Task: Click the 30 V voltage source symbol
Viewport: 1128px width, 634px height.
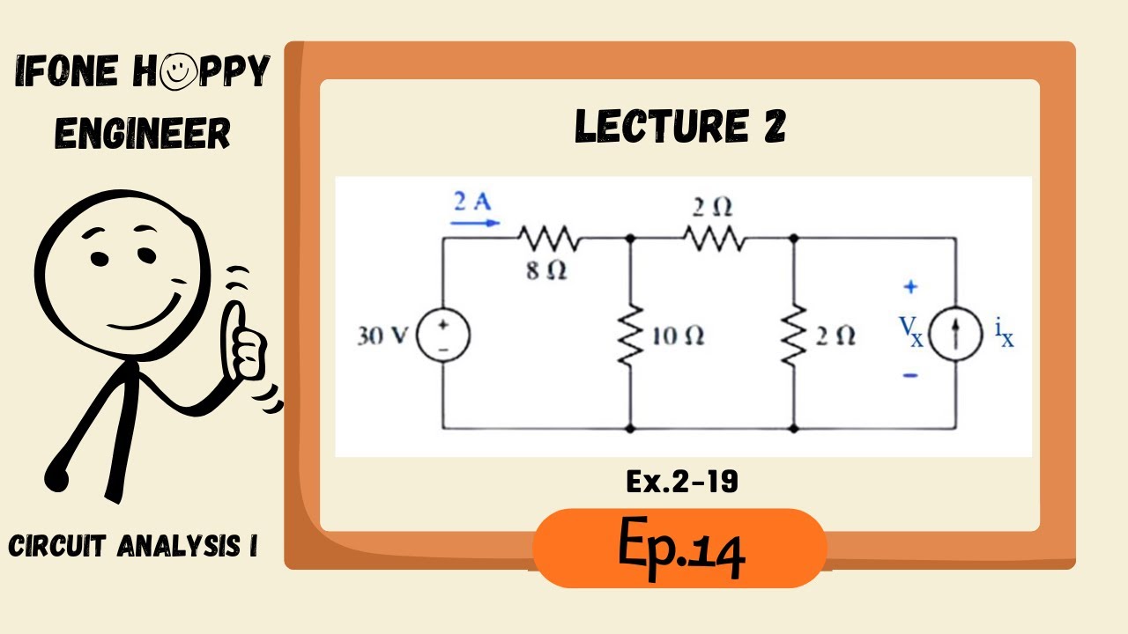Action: (442, 335)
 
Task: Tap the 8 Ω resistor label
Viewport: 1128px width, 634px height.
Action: (547, 271)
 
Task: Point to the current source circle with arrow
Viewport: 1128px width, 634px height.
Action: (954, 335)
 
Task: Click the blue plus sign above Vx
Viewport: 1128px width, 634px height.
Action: (910, 286)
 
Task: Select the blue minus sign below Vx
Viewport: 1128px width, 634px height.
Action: (910, 376)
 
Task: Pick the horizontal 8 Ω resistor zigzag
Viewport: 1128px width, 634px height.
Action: (547, 238)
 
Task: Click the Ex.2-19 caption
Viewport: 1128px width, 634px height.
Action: (682, 483)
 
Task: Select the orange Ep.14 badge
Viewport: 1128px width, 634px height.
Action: (680, 549)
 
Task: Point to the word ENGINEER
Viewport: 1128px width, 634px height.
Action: (143, 133)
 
